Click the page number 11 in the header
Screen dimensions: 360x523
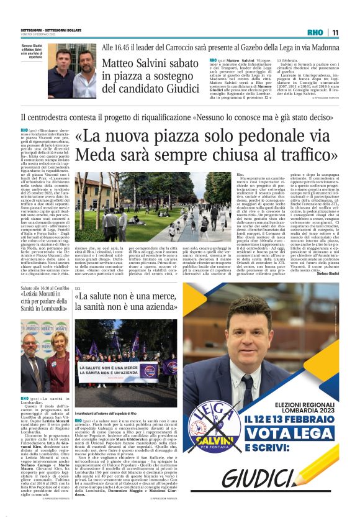click(335, 32)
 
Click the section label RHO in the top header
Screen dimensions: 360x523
click(316, 32)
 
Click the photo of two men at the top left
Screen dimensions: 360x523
click(73, 70)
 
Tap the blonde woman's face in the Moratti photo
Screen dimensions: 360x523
click(54, 345)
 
